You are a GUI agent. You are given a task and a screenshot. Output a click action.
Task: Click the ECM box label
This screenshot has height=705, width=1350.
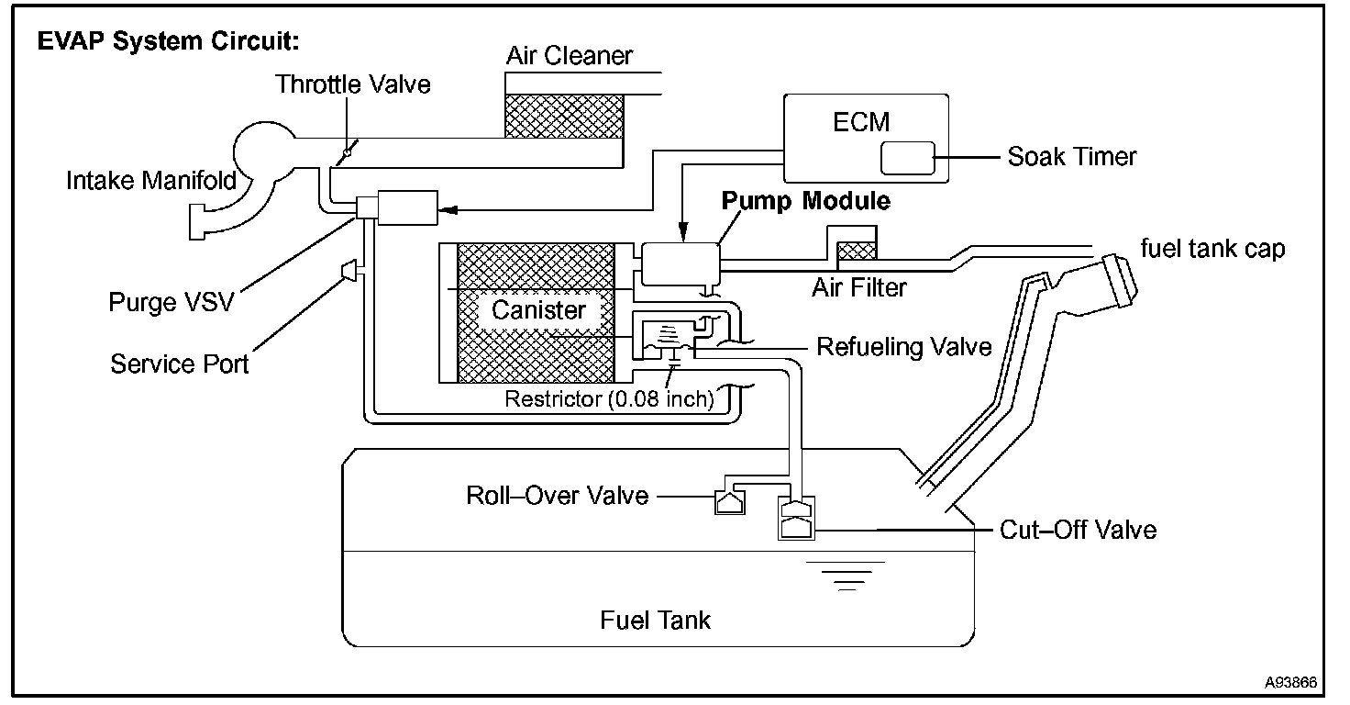[861, 122]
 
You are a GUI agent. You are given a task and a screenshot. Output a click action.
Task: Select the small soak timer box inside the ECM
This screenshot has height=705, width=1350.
[908, 158]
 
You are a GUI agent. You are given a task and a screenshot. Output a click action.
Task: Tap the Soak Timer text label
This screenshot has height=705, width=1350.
[1071, 157]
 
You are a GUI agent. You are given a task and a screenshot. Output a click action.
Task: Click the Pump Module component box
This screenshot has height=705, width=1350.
[681, 263]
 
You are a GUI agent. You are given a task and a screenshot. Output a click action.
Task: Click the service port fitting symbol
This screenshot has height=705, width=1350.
[349, 270]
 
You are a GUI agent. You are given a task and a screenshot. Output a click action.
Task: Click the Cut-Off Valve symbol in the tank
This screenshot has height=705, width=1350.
[796, 518]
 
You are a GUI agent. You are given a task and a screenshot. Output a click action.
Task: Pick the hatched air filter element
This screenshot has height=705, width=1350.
[857, 251]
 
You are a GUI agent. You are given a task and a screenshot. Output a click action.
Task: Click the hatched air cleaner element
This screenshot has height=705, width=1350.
[564, 117]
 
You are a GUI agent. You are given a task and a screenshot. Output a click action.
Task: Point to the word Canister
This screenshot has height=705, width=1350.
[538, 310]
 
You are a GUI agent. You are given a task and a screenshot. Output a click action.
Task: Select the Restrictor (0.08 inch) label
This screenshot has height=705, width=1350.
[609, 399]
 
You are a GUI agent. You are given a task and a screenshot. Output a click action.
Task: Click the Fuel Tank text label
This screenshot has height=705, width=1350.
[655, 621]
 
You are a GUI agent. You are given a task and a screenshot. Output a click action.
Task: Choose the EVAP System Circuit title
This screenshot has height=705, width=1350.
[168, 41]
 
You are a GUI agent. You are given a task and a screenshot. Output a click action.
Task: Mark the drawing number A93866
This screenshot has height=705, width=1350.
[1290, 682]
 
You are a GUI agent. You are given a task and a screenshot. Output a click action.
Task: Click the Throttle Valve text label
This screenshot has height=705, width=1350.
[352, 84]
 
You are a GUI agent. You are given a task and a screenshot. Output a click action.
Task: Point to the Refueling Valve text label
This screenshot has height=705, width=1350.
[904, 347]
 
